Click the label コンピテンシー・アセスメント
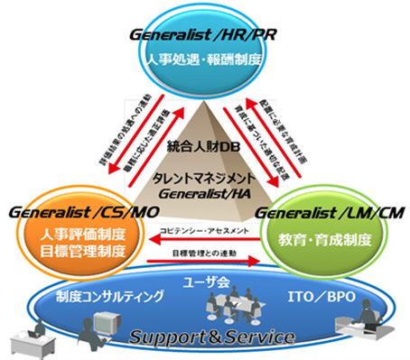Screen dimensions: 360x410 tap(200, 230)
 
